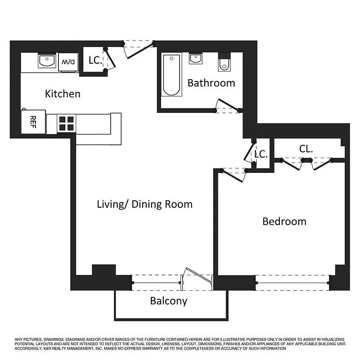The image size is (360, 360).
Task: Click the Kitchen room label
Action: (63, 94)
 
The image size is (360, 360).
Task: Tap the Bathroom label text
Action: (211, 83)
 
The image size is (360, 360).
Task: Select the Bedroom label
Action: (284, 221)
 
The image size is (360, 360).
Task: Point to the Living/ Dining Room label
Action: (144, 204)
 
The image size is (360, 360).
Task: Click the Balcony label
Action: (168, 301)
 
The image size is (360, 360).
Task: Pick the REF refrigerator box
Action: (33, 121)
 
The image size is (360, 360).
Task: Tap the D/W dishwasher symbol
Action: (68, 62)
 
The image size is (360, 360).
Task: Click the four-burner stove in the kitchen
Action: (66, 123)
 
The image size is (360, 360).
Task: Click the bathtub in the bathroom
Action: (171, 75)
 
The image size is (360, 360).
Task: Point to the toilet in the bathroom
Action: (224, 63)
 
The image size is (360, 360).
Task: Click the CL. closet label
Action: (306, 148)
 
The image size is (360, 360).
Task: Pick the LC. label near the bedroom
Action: (261, 154)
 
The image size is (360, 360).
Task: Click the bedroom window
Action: (293, 283)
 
